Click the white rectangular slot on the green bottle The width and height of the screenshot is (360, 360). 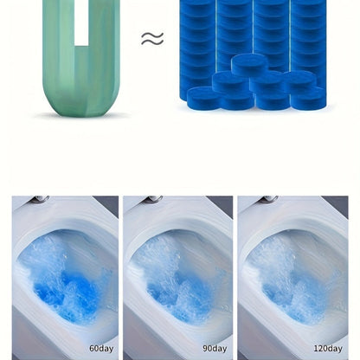click(81, 22)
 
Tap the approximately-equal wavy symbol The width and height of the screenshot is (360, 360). click(152, 39)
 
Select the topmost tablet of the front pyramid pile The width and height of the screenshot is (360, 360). click(250, 65)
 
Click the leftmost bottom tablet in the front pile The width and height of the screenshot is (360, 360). click(205, 98)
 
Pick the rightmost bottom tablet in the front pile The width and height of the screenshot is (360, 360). click(309, 98)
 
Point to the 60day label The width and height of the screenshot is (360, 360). click(101, 349)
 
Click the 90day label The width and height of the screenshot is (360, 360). click(215, 349)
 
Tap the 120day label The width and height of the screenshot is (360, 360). click(328, 349)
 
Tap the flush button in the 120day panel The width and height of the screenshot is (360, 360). click(267, 199)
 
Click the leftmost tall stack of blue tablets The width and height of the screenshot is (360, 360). click(198, 43)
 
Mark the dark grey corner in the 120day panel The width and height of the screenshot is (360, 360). click(335, 205)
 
